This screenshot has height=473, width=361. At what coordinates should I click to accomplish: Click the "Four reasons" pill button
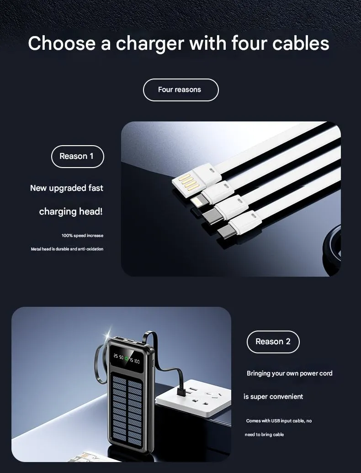180,89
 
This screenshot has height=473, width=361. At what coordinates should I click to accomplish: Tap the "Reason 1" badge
77,156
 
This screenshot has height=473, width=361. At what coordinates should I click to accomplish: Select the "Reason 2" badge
273,342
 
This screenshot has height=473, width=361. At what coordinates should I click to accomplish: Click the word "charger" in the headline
150,44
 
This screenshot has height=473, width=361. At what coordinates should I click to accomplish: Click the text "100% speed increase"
82,235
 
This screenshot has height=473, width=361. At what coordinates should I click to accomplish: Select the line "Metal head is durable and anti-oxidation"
67,249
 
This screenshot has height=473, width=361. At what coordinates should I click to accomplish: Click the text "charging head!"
71,211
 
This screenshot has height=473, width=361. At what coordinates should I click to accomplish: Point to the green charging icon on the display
127,359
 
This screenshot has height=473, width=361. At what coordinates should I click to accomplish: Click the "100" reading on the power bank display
137,361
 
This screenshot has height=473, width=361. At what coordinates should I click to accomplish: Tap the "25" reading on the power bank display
116,356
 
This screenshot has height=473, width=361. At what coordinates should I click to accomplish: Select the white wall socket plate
193,398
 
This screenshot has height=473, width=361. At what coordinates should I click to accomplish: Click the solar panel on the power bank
127,411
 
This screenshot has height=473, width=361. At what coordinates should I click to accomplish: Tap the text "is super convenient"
273,396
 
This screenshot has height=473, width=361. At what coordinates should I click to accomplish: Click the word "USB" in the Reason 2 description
276,420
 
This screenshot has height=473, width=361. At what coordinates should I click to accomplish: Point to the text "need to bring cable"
264,434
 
